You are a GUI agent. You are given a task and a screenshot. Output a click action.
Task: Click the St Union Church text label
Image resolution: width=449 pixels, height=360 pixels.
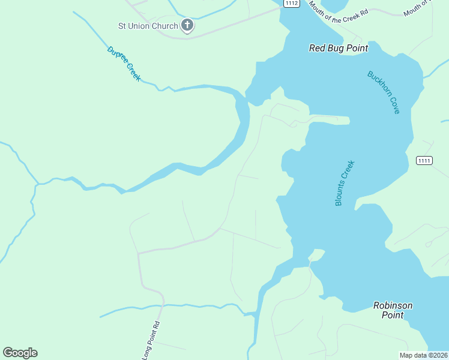pos(148,26)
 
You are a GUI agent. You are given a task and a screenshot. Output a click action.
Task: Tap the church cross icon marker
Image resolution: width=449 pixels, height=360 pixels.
pos(187,25)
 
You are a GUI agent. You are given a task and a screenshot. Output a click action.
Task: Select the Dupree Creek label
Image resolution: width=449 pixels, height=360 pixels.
pos(124,64)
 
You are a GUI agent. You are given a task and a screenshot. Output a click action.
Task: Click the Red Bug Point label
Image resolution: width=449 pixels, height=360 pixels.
pos(338,48)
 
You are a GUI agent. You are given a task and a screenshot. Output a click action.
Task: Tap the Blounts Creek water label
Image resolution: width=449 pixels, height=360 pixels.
pos(345,183)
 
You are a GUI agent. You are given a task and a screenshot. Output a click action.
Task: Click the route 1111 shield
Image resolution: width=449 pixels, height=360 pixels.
pos(424,160)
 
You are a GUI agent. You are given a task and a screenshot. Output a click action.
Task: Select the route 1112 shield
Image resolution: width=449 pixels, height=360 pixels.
pos(291,4)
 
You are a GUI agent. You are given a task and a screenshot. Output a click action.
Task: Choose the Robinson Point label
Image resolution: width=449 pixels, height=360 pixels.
pos(393,310)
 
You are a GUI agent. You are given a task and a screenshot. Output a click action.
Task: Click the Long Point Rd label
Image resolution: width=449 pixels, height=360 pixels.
pos(151,341)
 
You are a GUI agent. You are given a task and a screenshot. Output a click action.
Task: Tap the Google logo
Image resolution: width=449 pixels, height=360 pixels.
pos(20,353)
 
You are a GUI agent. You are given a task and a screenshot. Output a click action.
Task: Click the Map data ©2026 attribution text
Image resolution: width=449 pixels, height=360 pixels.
pos(423,355)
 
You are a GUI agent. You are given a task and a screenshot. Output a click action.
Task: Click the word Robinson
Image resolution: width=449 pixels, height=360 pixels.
pos(393,305)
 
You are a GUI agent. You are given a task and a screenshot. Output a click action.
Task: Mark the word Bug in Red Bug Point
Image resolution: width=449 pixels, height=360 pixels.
pos(337,48)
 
